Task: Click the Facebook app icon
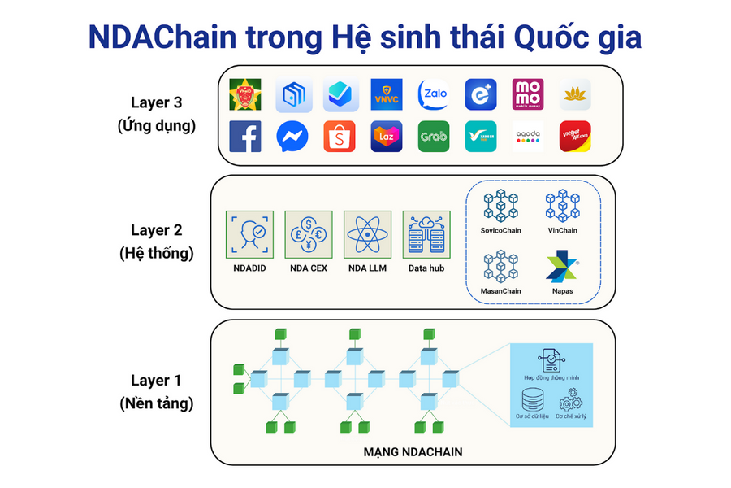coord(244,137)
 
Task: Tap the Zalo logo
coord(433,94)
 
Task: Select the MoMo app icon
coord(528,94)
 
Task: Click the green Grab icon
coord(433,137)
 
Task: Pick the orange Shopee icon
coord(339,137)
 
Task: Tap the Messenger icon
coord(292,137)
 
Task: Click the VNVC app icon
coord(386,94)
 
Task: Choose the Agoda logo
coord(528,137)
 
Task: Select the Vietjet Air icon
coord(575,137)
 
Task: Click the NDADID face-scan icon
coord(249,235)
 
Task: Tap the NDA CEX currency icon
coord(308,235)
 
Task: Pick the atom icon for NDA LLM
coord(366,235)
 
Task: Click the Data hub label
coord(426,268)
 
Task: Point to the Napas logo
coord(562,268)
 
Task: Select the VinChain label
coord(562,230)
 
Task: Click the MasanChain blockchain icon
coord(500,267)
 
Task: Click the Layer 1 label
coord(156,380)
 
